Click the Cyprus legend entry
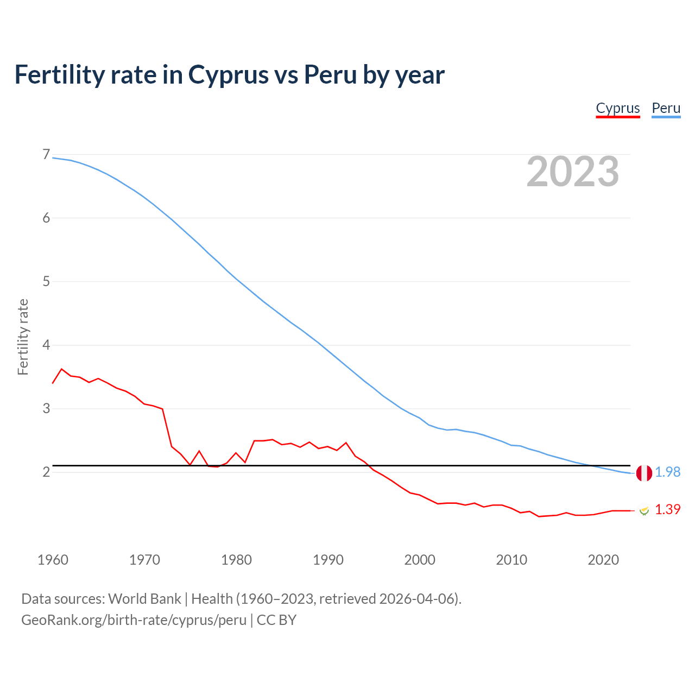(x=618, y=108)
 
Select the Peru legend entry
(x=666, y=108)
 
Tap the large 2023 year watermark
(x=572, y=172)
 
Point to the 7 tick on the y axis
(x=46, y=155)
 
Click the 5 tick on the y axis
(x=46, y=282)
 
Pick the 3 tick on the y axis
(x=46, y=408)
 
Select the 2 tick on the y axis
(x=46, y=472)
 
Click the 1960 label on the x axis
(x=53, y=560)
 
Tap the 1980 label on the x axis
(x=236, y=560)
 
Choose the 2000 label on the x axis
(x=420, y=560)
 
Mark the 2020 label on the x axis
(x=603, y=560)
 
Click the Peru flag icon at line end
(x=644, y=473)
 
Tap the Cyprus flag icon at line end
(x=644, y=510)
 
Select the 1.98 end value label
(x=667, y=472)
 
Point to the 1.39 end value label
(x=667, y=510)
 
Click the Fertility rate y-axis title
(x=23, y=337)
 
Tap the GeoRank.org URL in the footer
(x=134, y=620)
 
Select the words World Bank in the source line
(x=144, y=599)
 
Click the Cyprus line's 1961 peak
(x=61, y=369)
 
